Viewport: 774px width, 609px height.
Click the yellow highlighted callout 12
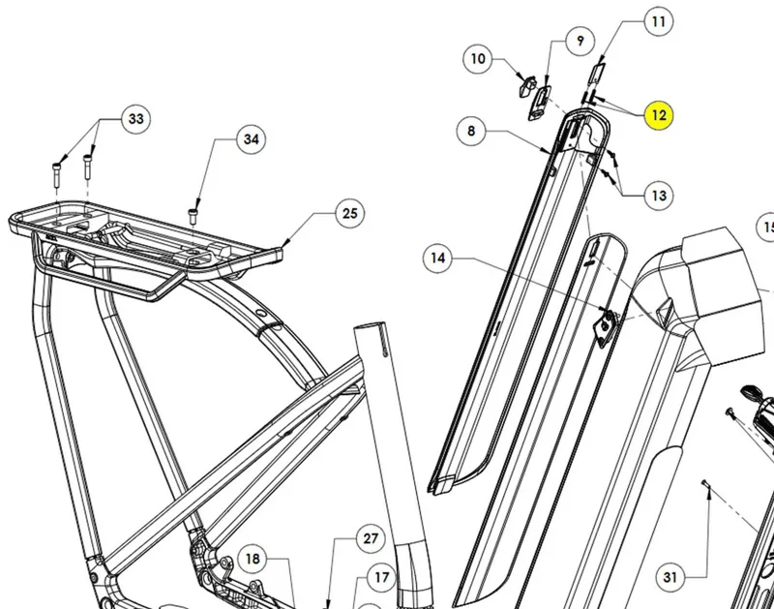coord(659,116)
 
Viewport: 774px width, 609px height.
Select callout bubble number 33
coord(135,119)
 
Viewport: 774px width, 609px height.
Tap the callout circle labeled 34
coord(251,140)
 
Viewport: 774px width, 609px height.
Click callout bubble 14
coord(438,259)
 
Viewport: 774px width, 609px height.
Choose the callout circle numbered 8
coord(471,131)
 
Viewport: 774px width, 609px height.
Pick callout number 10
coord(478,59)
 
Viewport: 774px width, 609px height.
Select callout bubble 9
coord(580,41)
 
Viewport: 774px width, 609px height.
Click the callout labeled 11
coord(658,21)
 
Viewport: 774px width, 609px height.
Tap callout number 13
coord(659,196)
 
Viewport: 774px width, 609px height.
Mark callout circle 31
coord(669,578)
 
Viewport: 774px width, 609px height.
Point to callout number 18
coord(252,559)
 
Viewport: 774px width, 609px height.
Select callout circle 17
coord(381,578)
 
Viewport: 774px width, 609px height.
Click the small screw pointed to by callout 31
coord(708,493)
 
